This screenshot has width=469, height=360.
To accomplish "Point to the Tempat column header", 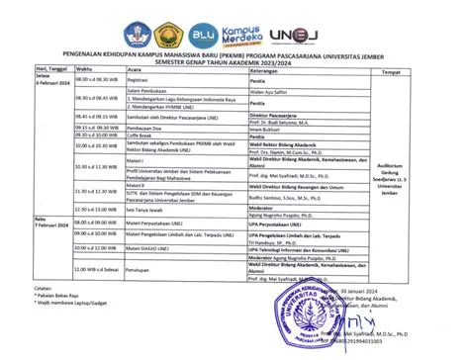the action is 392,71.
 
